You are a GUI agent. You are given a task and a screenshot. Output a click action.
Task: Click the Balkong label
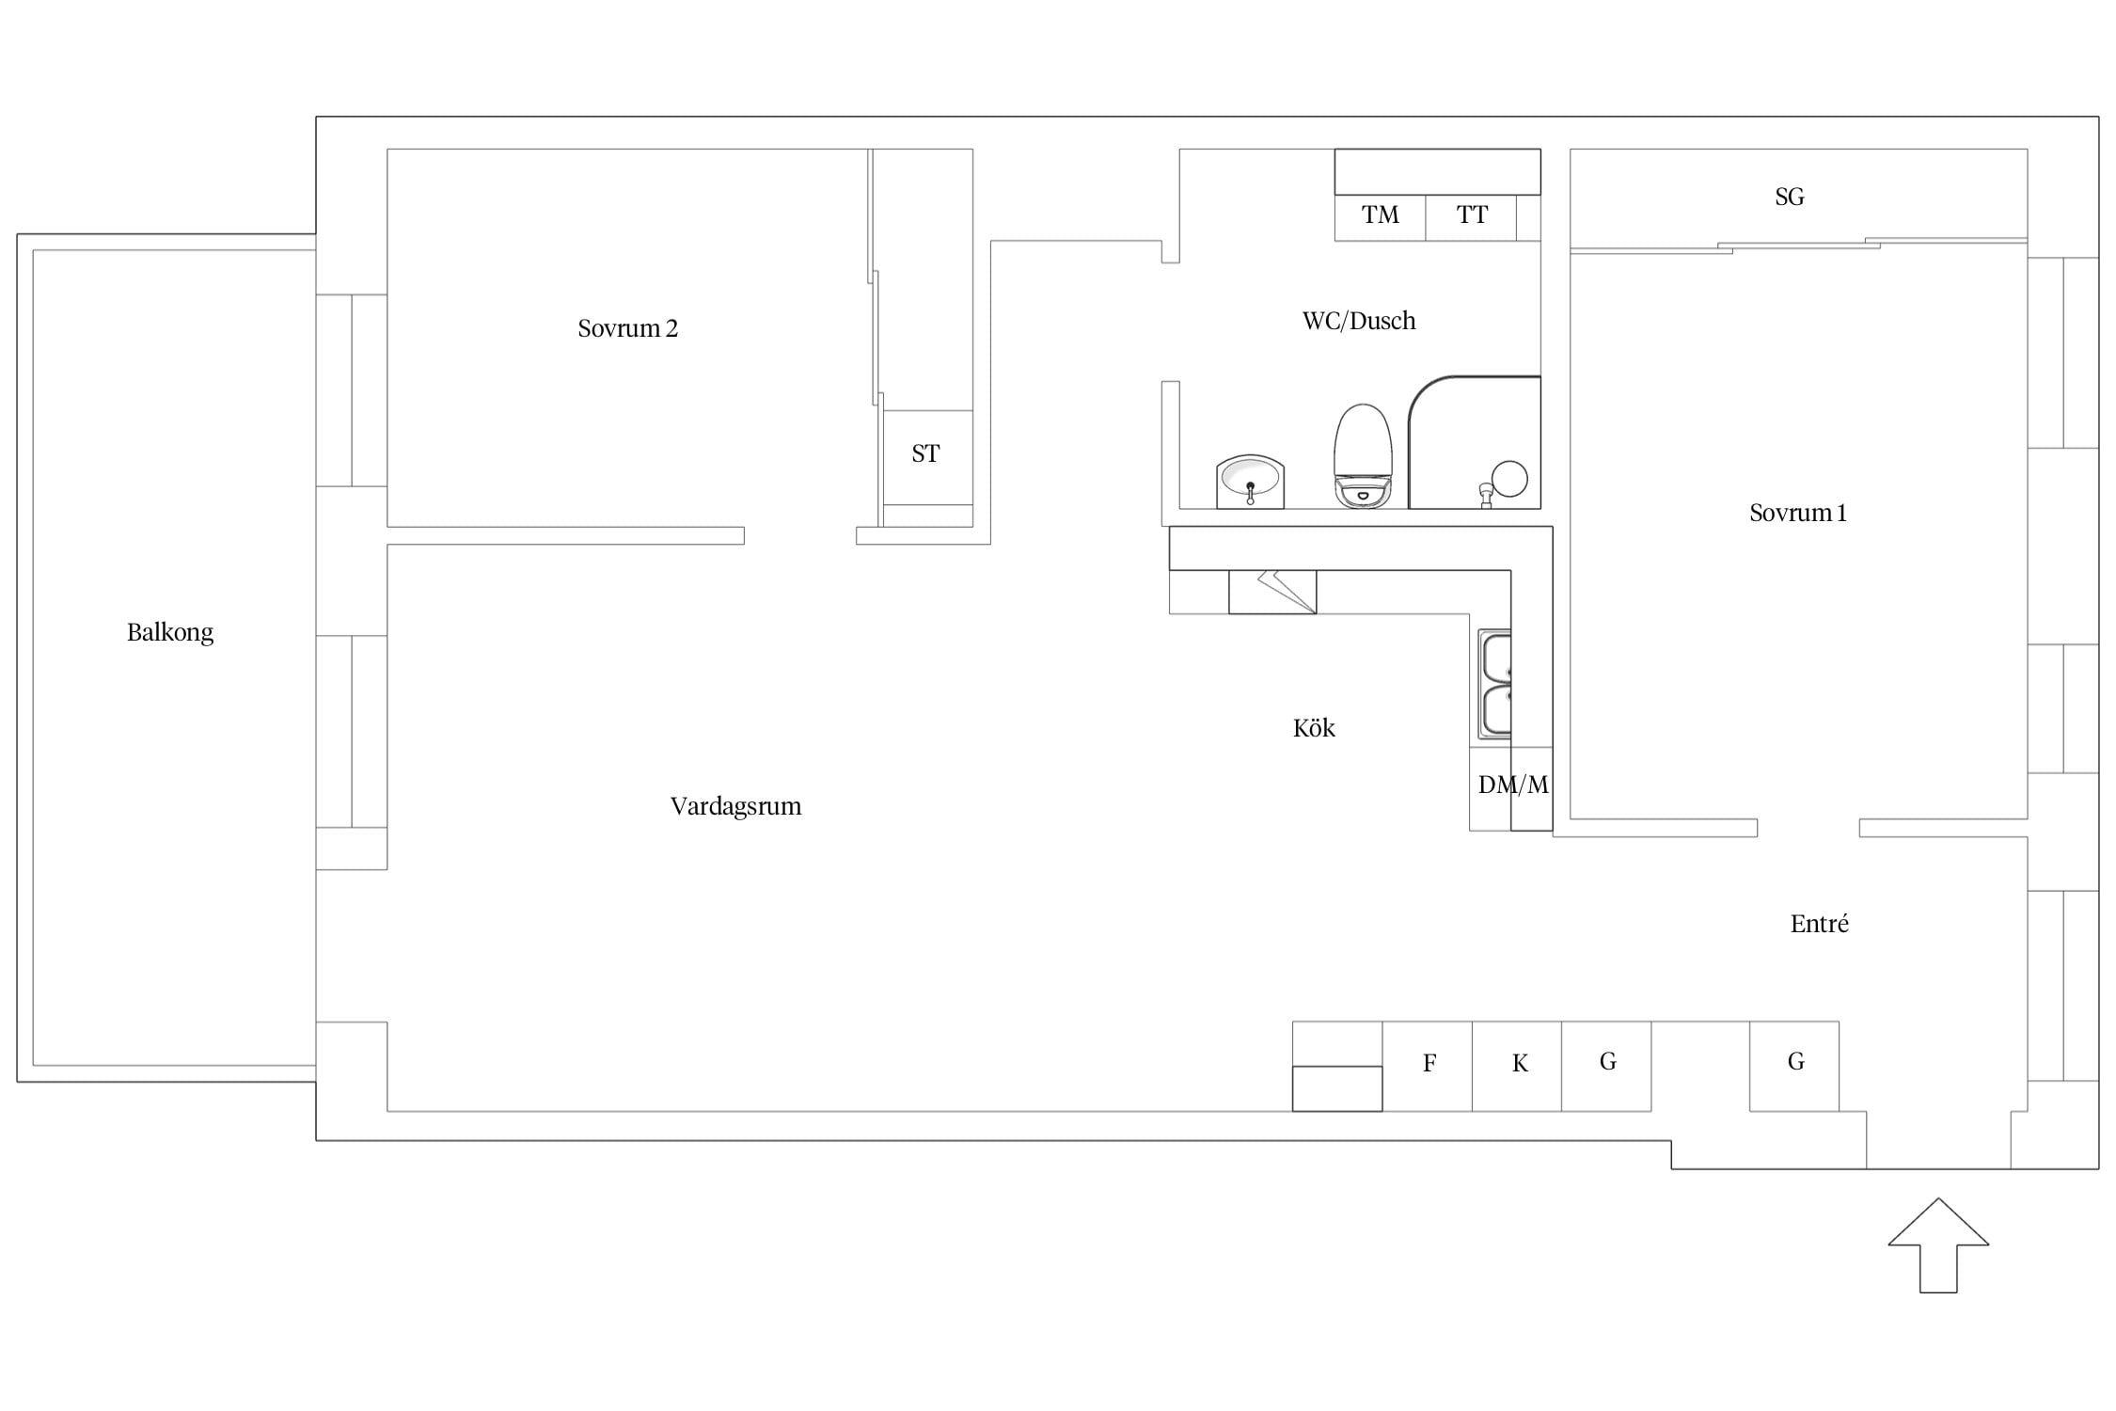(170, 632)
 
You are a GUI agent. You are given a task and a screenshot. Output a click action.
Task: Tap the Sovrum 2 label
(627, 328)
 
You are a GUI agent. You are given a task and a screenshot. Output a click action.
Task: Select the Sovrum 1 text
(1797, 513)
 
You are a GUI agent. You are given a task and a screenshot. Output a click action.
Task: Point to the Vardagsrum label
(735, 806)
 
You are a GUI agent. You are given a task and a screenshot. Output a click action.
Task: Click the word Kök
(1314, 728)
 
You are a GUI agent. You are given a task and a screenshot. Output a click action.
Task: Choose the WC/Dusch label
(1359, 321)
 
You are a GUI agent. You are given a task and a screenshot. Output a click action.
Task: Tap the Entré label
(1819, 924)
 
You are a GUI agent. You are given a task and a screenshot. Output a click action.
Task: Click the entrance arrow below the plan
(1938, 1245)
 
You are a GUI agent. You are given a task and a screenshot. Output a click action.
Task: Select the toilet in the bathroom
(1363, 457)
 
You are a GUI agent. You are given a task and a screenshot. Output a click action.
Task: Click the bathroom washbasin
(1250, 482)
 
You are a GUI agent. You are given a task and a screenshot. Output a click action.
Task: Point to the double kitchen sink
(1494, 684)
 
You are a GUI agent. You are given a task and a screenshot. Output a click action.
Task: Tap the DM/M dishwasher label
(1513, 785)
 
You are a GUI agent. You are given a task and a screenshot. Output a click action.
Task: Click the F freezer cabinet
(1427, 1066)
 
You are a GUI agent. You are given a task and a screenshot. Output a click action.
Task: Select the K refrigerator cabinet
(1517, 1066)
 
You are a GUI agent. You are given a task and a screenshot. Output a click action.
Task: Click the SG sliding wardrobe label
(1790, 197)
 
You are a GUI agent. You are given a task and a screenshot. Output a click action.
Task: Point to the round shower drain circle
(1509, 479)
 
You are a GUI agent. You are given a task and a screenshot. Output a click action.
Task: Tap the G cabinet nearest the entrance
(1794, 1066)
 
